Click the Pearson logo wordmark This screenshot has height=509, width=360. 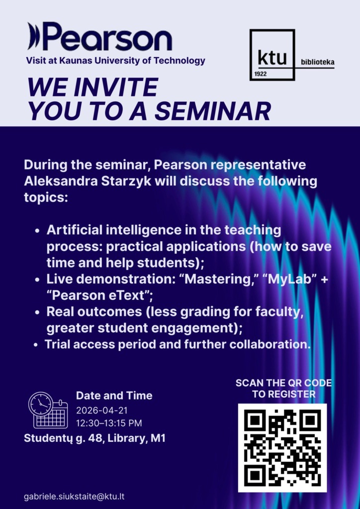point(99,37)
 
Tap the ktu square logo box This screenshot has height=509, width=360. point(272,29)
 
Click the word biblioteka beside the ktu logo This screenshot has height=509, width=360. point(318,62)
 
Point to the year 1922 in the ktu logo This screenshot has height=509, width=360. point(261,74)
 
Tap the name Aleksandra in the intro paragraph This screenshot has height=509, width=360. point(54,181)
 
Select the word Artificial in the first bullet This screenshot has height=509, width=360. point(74,230)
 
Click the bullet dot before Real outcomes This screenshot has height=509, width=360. point(38,313)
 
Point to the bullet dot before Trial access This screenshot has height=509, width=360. point(36,345)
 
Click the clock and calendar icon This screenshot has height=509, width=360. point(48,410)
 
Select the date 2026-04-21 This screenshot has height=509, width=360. point(101,410)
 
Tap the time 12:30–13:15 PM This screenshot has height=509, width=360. point(109,424)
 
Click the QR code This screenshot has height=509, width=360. point(282,448)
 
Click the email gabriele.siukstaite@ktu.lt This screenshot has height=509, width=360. point(75,497)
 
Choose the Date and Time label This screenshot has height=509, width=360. point(114,395)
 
